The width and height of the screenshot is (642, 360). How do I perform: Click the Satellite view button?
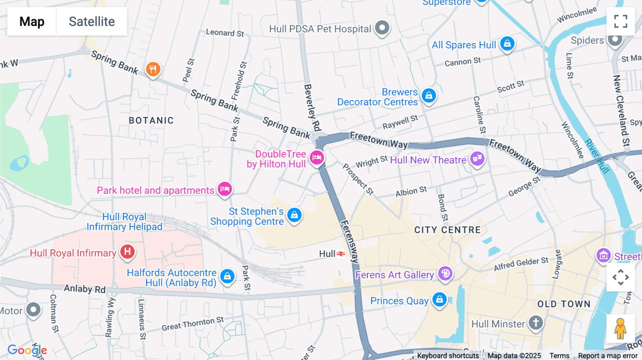click(x=92, y=22)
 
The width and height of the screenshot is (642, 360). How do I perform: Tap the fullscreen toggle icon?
click(x=621, y=21)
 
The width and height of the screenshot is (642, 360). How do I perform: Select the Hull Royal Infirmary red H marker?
click(x=127, y=252)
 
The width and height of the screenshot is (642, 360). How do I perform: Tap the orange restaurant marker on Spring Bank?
click(x=153, y=69)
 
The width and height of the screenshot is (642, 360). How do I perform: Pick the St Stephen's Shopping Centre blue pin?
click(x=294, y=215)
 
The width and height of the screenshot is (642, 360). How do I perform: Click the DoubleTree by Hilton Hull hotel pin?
click(x=317, y=157)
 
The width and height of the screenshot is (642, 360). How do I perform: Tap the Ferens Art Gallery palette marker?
click(x=445, y=274)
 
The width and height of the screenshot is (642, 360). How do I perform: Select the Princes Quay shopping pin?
click(x=439, y=299)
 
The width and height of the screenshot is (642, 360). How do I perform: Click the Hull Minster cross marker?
click(x=535, y=323)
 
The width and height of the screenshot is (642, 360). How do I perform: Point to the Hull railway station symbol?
click(x=341, y=254)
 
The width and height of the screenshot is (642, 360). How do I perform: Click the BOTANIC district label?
click(x=151, y=120)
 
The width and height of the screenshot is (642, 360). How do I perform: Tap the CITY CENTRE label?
click(x=447, y=230)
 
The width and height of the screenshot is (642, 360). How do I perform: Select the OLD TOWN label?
click(x=564, y=304)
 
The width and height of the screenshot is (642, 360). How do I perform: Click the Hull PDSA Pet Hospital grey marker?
click(x=382, y=27)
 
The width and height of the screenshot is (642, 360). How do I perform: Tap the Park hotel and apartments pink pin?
click(x=225, y=189)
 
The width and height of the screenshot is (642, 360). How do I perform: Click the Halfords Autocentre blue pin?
click(x=227, y=276)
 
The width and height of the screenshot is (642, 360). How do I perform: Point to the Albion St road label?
click(x=411, y=191)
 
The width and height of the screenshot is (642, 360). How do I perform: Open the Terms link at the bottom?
click(x=559, y=355)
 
